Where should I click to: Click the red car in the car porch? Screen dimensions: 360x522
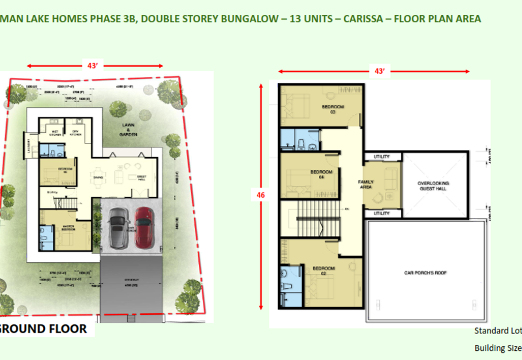[x=144, y=229]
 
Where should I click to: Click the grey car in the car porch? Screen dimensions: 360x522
[x=118, y=229]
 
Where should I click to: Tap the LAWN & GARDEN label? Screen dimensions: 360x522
[x=129, y=130]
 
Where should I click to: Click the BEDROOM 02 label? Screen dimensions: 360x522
[x=323, y=271]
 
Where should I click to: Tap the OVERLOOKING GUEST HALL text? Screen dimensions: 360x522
[x=433, y=187]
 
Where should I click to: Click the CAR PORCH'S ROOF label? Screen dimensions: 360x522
[x=428, y=273]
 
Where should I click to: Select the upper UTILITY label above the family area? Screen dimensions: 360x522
[x=382, y=157]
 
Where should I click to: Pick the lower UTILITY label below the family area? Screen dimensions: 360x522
[x=382, y=213]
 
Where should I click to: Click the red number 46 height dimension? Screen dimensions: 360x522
[x=261, y=194]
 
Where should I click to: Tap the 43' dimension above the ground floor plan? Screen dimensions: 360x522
[x=93, y=65]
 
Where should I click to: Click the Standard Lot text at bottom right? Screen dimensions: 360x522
[x=497, y=331]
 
